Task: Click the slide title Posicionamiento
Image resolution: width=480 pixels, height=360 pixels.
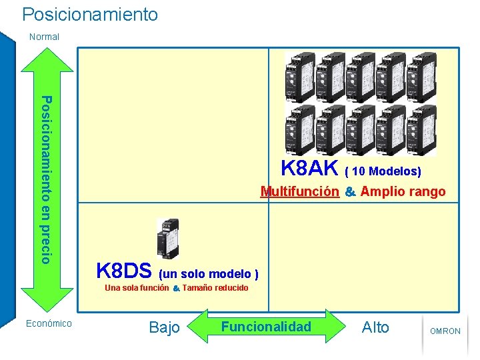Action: point(90,14)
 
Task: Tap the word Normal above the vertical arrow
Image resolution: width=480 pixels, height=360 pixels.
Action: point(44,37)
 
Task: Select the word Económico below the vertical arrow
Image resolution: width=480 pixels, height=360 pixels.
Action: point(48,323)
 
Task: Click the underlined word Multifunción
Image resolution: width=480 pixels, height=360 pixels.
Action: point(299,192)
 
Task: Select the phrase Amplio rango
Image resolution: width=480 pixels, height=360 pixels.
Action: point(403,192)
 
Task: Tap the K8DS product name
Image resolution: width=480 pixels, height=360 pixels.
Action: point(124,271)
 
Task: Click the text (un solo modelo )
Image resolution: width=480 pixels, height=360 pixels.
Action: point(208,273)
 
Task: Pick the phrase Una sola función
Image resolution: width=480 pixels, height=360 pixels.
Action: point(137,288)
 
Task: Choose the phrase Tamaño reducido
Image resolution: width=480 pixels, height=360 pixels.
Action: point(215,288)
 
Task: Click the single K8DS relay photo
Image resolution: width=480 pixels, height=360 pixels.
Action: point(167,238)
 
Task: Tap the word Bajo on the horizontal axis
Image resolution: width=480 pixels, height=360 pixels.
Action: point(164,327)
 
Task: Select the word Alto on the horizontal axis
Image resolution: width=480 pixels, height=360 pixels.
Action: point(375,327)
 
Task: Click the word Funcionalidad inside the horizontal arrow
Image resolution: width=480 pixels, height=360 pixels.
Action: point(266,327)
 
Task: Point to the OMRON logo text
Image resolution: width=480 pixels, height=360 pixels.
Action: point(445,331)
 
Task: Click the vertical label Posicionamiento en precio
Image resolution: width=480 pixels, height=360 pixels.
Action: point(45,179)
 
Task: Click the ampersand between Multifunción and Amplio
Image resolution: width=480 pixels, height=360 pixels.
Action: point(350,193)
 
